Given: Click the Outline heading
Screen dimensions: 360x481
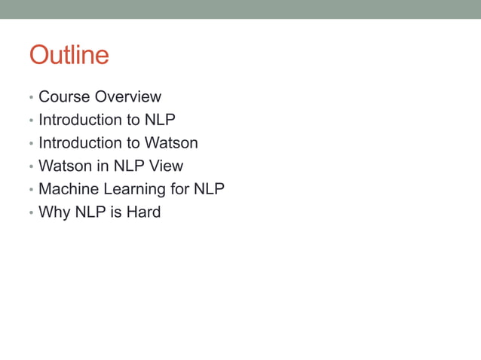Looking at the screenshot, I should (x=69, y=55).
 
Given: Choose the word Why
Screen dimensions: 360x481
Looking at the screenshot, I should (x=54, y=212).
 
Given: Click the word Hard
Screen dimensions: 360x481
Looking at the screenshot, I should (x=143, y=212).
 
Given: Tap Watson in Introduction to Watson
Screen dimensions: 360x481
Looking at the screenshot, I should (x=171, y=143).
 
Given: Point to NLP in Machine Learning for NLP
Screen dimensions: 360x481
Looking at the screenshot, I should (x=209, y=189).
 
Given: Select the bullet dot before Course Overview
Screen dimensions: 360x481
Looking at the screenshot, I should (x=30, y=98).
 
